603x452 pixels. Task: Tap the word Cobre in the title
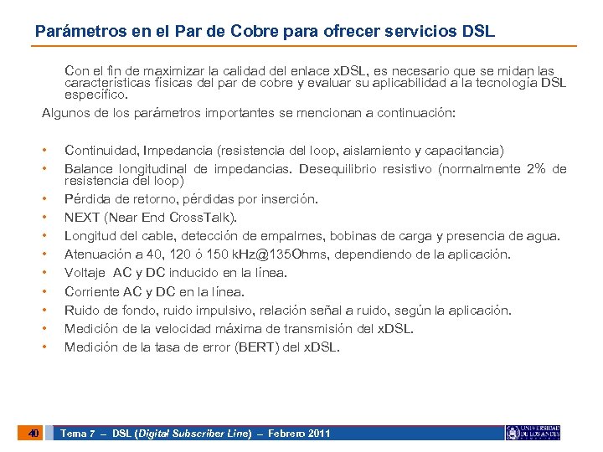[234, 32]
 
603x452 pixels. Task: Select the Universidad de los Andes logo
[533, 433]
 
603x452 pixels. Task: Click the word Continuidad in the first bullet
[101, 151]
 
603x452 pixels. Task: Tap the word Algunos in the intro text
[65, 113]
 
